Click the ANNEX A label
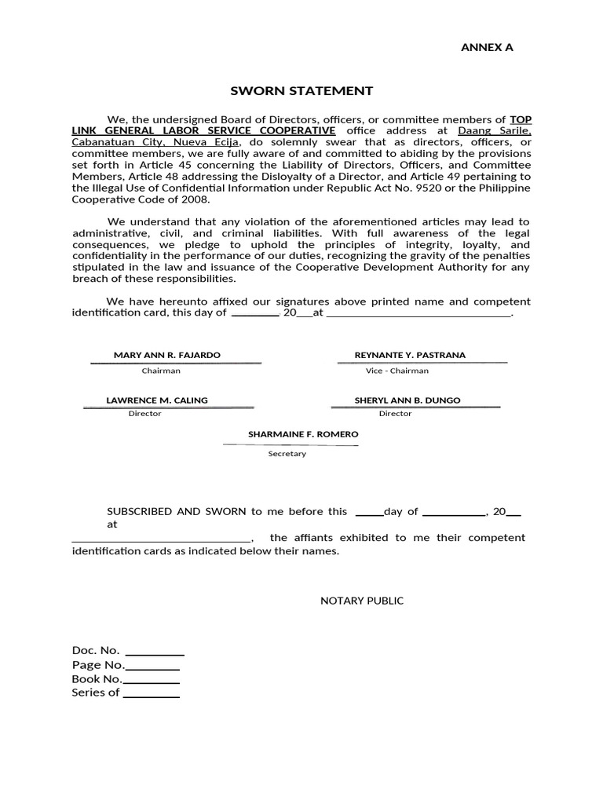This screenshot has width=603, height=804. click(x=486, y=47)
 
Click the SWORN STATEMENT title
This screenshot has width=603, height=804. click(x=301, y=91)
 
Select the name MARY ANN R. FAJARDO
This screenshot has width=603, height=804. click(x=167, y=355)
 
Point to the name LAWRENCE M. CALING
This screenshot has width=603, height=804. click(x=157, y=400)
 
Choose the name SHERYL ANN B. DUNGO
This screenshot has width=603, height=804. click(x=407, y=400)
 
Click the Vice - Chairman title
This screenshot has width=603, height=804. click(x=397, y=371)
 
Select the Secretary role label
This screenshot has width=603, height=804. click(x=287, y=454)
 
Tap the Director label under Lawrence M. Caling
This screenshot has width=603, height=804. click(x=145, y=414)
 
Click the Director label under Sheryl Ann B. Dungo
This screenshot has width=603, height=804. click(x=395, y=414)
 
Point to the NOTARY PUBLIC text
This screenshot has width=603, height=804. click(x=362, y=601)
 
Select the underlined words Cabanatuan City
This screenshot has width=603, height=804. click(x=115, y=142)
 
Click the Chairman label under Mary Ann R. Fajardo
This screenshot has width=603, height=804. click(x=161, y=371)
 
